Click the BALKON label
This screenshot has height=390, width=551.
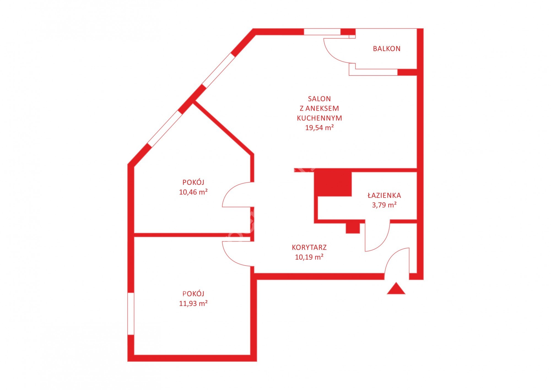click(387, 49)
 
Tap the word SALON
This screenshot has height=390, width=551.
click(319, 99)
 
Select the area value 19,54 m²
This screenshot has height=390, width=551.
click(320, 128)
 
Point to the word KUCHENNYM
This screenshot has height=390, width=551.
click(320, 118)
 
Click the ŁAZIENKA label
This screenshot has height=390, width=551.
click(384, 195)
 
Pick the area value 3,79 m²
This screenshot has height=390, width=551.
click(384, 205)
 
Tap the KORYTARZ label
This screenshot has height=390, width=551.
click(309, 247)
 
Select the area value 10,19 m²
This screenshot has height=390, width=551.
click(309, 257)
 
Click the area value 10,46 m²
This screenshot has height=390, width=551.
click(193, 192)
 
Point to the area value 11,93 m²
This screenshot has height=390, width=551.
click(193, 303)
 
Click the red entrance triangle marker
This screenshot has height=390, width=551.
click(396, 289)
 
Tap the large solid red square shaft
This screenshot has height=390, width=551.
click(333, 184)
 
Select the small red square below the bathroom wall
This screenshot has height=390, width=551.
click(353, 228)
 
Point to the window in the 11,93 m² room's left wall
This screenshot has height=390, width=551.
click(131, 313)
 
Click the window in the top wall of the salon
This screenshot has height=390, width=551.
click(322, 32)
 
